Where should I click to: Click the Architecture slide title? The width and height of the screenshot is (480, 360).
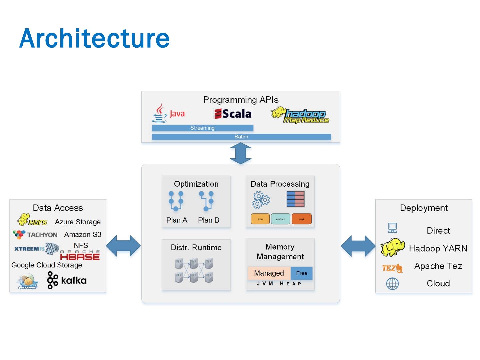[x=94, y=38]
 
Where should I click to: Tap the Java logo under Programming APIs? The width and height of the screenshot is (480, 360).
[x=169, y=113]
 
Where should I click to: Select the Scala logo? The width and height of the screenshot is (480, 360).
[x=233, y=114]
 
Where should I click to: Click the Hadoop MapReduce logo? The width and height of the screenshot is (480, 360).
[x=300, y=115]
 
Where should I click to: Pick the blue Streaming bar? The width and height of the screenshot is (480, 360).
[x=202, y=128]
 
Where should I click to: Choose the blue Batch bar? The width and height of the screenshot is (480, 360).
[x=241, y=137]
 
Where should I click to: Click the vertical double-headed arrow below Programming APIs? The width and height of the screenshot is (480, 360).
[x=241, y=153]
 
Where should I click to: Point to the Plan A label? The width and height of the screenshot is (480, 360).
[x=177, y=220]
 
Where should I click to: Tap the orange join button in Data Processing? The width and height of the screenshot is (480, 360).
[x=260, y=219]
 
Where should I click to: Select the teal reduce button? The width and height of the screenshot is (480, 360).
[x=281, y=219]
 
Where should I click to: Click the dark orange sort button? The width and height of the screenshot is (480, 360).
[x=301, y=219]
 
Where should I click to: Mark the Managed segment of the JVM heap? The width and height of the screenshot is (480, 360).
[x=269, y=273]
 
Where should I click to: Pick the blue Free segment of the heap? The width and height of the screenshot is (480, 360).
[x=302, y=273]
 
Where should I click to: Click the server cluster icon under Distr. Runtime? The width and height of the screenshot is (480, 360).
[x=194, y=270]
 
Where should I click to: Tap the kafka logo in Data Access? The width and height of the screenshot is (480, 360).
[x=67, y=280]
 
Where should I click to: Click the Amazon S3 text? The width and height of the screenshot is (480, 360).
[x=83, y=235]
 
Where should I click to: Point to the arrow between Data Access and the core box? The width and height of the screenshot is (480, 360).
[x=123, y=246]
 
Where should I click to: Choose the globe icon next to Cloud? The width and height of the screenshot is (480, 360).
[x=392, y=284]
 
